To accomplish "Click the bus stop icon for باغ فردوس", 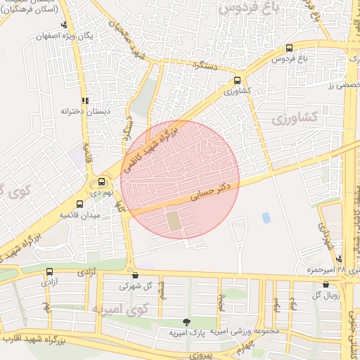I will tap(290, 49).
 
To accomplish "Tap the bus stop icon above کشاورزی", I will tap(237, 81).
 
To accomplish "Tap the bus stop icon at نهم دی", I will tap(102, 181).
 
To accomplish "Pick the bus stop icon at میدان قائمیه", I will tap(79, 204).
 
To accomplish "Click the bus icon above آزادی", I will tap(49, 271).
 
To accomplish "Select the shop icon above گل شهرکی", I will tap(135, 276).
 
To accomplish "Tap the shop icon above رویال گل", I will tap(326, 284).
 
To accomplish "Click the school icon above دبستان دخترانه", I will tap(85, 101).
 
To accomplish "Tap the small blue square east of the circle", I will tap(266, 218).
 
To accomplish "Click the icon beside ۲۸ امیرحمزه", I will tap(340, 259).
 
